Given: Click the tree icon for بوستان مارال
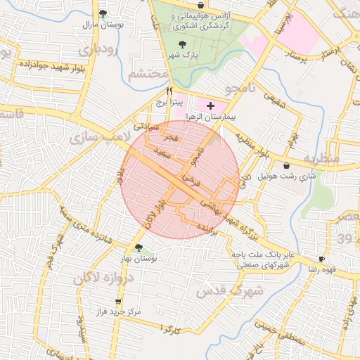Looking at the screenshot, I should pyautogui.click(x=103, y=13).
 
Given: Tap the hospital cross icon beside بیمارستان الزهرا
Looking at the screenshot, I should pyautogui.click(x=210, y=104).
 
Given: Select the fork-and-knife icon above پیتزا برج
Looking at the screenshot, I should pyautogui.click(x=169, y=91).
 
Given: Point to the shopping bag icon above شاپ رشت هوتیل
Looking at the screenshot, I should pyautogui.click(x=286, y=166).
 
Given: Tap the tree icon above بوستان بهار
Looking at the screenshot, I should pyautogui.click(x=139, y=247).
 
